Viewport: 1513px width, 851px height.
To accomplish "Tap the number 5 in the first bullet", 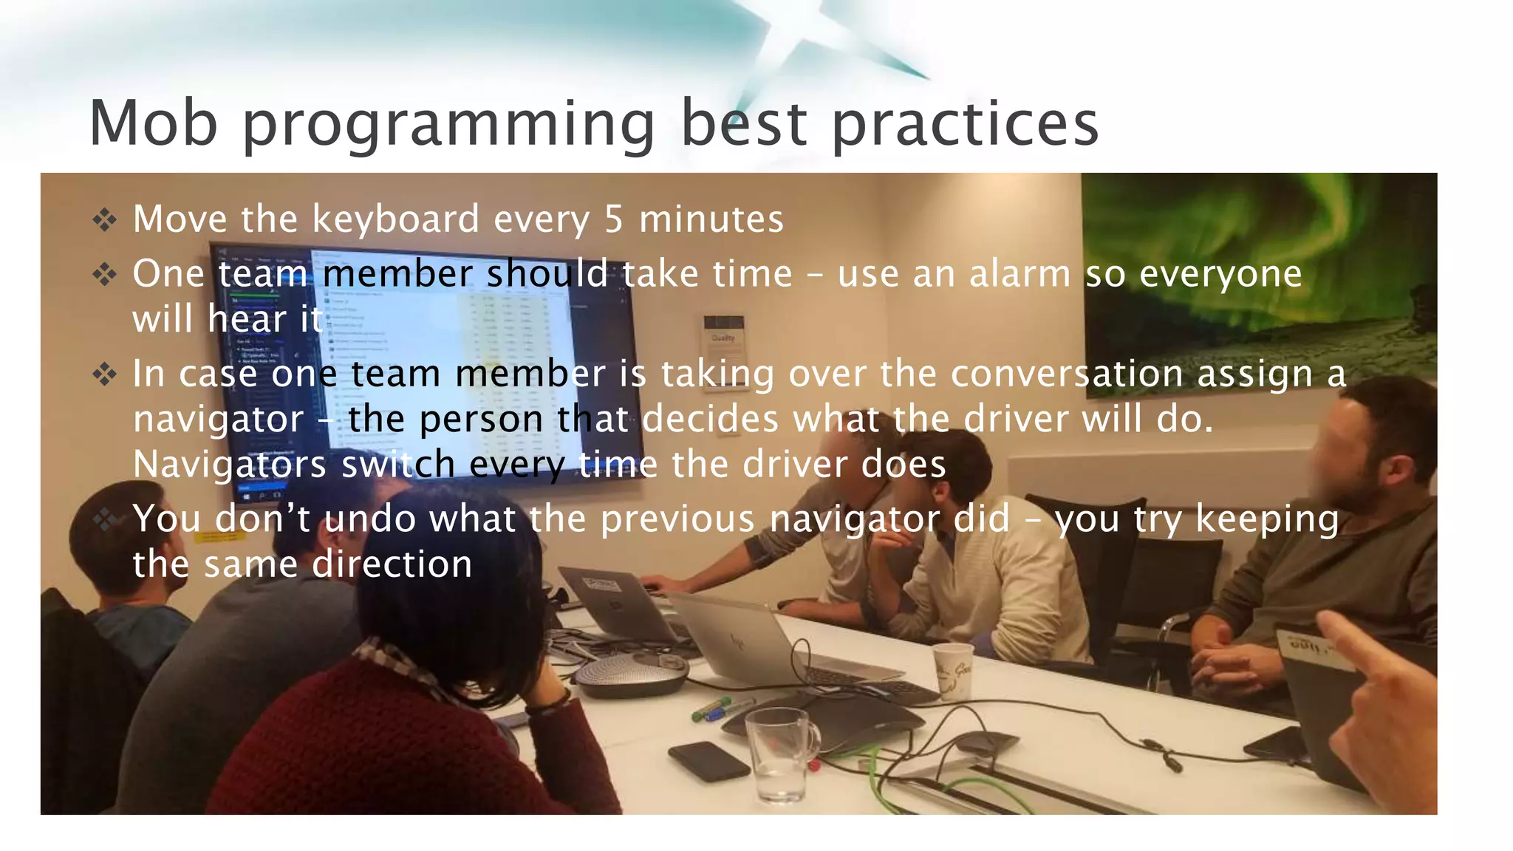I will coord(614,219).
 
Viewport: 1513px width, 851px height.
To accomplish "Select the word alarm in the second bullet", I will coord(1020,274).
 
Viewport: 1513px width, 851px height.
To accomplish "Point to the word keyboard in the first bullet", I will coord(396,219).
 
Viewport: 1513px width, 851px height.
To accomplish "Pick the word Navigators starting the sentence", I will coord(229,465).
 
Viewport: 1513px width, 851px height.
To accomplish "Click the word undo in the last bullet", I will coord(370,519).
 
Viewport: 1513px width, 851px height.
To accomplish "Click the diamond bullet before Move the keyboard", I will coord(105,219).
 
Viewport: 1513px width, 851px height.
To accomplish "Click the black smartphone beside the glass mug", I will coord(708,761).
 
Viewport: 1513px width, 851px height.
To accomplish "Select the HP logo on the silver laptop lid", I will coord(737,640).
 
